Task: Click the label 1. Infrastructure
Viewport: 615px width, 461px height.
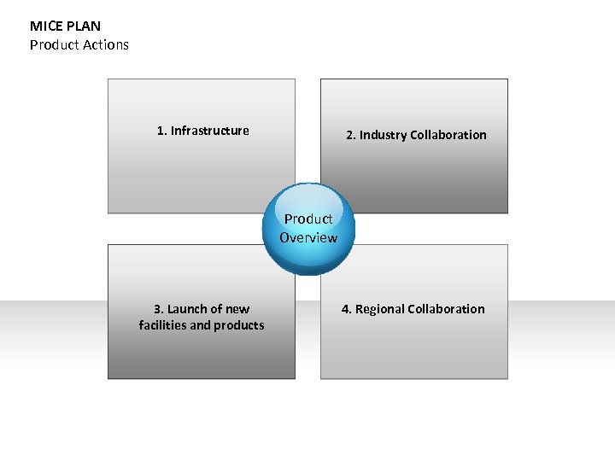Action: point(203,131)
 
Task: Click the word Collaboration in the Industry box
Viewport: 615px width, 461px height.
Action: point(448,135)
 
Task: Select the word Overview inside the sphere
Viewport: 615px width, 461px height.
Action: point(308,238)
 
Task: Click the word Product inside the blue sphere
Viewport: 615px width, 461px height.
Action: point(308,219)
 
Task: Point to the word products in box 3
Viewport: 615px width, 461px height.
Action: point(240,325)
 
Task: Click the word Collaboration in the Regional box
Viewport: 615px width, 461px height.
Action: point(446,309)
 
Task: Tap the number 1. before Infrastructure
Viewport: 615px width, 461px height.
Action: point(161,131)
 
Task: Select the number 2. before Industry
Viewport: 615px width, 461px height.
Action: point(350,135)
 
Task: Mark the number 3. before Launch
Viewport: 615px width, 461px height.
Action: point(158,309)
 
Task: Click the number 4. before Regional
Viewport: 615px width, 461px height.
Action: point(347,309)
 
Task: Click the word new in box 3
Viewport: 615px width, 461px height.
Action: point(237,309)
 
